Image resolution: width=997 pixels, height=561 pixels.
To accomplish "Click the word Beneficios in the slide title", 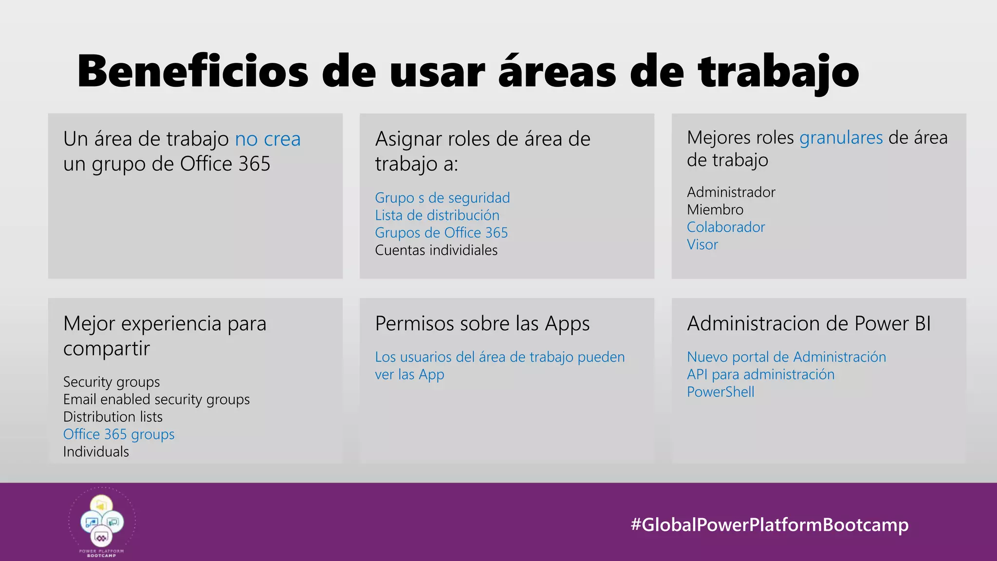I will pyautogui.click(x=193, y=72).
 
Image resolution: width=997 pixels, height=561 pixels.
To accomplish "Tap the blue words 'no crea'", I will pyautogui.click(x=268, y=139).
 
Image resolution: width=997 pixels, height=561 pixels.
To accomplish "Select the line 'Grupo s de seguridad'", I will pyautogui.click(x=442, y=198).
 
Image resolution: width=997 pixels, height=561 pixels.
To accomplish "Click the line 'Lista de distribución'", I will pyautogui.click(x=437, y=215).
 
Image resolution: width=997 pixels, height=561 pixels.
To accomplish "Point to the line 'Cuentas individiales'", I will pyautogui.click(x=436, y=250).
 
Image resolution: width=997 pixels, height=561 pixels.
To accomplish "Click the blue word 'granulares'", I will pyautogui.click(x=841, y=138).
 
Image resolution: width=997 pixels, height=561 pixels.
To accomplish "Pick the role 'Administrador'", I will pyautogui.click(x=731, y=192).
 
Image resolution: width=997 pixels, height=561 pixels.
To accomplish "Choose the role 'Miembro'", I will pyautogui.click(x=715, y=210).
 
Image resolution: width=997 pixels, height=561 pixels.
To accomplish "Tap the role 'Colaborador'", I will pyautogui.click(x=726, y=227).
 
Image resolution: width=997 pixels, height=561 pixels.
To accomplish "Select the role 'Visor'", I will pyautogui.click(x=702, y=244).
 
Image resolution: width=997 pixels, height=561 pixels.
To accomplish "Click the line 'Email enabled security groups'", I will pyautogui.click(x=156, y=399).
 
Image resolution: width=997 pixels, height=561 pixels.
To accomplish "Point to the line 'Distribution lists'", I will pyautogui.click(x=113, y=417).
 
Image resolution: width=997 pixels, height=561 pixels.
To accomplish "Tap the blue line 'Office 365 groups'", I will pyautogui.click(x=119, y=434).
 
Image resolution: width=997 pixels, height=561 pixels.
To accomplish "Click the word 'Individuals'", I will pyautogui.click(x=96, y=452).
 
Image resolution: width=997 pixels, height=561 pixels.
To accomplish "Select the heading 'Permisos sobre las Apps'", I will pyautogui.click(x=482, y=324).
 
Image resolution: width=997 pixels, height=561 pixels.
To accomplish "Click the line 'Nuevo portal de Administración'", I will pyautogui.click(x=786, y=357).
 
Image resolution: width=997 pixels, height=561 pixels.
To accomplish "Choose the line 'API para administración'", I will pyautogui.click(x=760, y=374).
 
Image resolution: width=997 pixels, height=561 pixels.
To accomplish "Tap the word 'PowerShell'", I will pyautogui.click(x=720, y=392).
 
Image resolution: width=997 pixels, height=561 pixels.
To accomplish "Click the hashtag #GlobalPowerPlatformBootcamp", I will pyautogui.click(x=769, y=525).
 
